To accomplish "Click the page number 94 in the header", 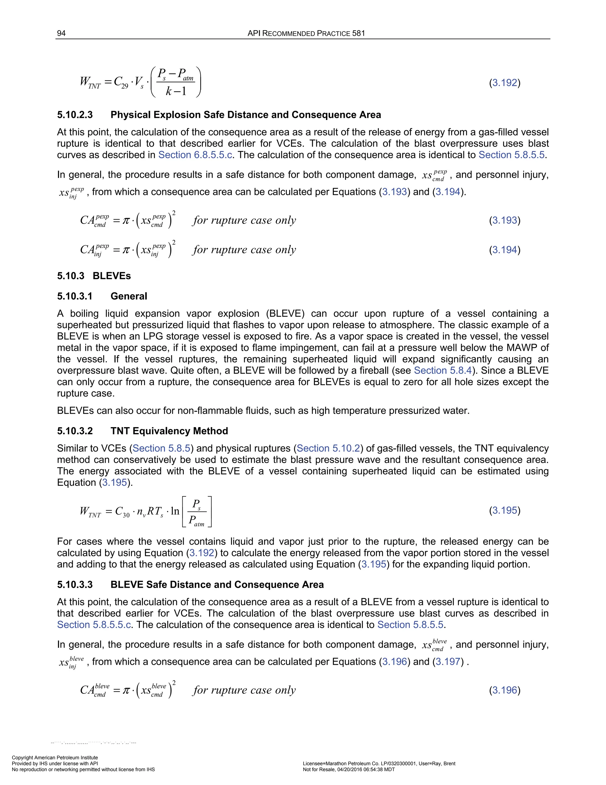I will (61, 33).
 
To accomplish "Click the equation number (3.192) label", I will (505, 83).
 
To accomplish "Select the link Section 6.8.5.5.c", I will (195, 155).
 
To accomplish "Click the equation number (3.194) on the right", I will (505, 249).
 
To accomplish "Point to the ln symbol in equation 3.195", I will (175, 511).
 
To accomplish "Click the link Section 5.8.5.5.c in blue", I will (94, 624).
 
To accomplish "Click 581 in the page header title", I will (358, 33).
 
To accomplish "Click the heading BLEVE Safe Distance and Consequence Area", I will (217, 584).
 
